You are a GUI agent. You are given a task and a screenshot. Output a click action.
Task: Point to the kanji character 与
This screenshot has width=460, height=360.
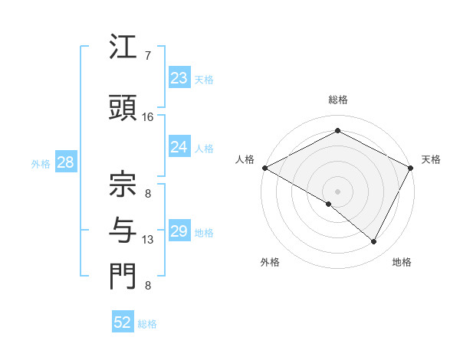[x=123, y=228]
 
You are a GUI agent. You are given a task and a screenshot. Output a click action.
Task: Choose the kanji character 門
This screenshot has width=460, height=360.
[x=123, y=277]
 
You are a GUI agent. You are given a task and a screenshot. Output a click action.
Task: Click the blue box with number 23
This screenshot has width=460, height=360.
[x=179, y=78]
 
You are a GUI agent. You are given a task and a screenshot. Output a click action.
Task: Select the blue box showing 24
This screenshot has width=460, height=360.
[x=179, y=147]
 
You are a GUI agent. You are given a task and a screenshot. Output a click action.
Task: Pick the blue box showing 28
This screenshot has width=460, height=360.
[x=65, y=162]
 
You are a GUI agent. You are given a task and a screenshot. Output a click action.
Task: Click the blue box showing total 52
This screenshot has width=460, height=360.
[x=123, y=322]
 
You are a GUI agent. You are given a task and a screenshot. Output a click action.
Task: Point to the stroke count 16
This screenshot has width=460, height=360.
[x=148, y=117]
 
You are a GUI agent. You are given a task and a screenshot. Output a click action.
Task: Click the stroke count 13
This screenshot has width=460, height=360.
[x=148, y=240]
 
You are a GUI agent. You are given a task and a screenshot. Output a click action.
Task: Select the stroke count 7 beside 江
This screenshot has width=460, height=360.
[x=147, y=56]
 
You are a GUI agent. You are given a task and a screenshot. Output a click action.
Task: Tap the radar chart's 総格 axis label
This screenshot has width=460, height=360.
[x=337, y=100]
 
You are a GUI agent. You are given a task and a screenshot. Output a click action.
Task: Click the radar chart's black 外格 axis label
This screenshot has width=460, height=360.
[x=270, y=262]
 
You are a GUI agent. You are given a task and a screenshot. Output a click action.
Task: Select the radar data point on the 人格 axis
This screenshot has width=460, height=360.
[x=264, y=168]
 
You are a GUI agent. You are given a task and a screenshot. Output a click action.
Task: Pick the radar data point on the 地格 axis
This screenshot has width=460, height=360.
[x=374, y=242]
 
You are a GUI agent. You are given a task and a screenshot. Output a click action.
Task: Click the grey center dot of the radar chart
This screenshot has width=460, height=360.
[x=337, y=191]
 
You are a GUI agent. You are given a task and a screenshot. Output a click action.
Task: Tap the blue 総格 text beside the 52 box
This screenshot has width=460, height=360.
[x=147, y=324]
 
